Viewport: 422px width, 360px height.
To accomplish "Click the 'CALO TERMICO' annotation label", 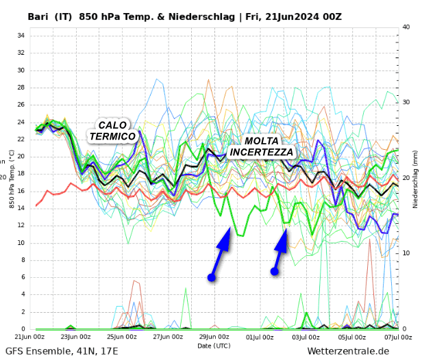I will (x=112, y=131).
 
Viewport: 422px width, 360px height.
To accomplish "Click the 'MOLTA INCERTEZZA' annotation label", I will (x=262, y=146).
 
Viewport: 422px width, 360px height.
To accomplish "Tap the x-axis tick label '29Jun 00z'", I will (x=214, y=337).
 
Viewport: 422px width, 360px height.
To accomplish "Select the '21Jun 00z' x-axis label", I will (x=30, y=337).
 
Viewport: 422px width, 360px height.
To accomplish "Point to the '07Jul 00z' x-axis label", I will (x=397, y=337).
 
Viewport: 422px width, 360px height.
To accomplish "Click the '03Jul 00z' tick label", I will (x=306, y=337).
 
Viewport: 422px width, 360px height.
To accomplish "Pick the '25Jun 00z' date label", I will (x=122, y=337).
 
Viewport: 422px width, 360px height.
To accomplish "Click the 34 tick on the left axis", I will (x=21, y=36).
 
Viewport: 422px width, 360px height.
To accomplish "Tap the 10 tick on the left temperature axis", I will (x=21, y=243).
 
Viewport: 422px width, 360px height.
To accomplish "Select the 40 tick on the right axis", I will (x=406, y=27).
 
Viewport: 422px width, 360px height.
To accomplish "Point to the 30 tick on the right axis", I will (x=406, y=103).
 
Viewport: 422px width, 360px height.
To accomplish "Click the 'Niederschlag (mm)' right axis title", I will (x=415, y=179).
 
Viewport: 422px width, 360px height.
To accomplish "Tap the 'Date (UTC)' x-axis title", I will (x=214, y=346).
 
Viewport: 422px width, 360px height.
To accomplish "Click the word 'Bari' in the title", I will (x=38, y=16).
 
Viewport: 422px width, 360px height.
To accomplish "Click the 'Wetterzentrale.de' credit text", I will (x=348, y=351).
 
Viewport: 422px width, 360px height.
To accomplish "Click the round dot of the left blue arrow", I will (x=212, y=277).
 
